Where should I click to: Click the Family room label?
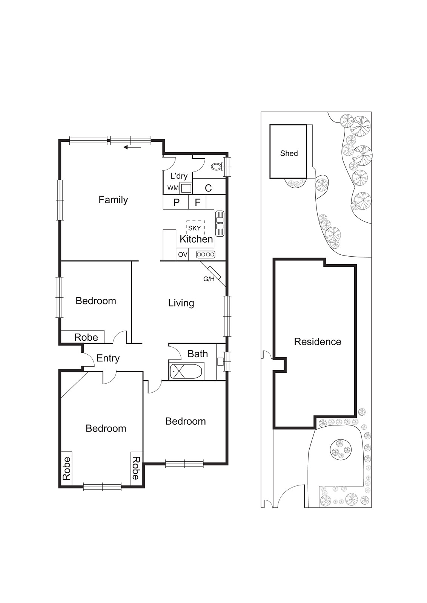[113, 200]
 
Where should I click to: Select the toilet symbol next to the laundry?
[217, 166]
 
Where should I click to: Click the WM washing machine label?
[173, 188]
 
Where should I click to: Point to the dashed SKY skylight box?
[195, 228]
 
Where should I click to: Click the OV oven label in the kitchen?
[183, 255]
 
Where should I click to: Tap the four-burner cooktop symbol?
[206, 255]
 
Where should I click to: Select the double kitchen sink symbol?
[220, 223]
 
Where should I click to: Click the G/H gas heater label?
[209, 279]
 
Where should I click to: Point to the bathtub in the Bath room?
[187, 371]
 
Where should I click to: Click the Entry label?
[108, 358]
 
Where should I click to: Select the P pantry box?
[176, 202]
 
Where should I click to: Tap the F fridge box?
[197, 202]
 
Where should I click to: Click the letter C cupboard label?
[208, 188]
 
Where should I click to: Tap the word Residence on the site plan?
[317, 341]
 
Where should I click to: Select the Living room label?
[181, 303]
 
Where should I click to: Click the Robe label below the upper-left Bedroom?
[86, 337]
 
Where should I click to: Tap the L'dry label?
[179, 176]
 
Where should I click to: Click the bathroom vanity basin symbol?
[221, 361]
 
